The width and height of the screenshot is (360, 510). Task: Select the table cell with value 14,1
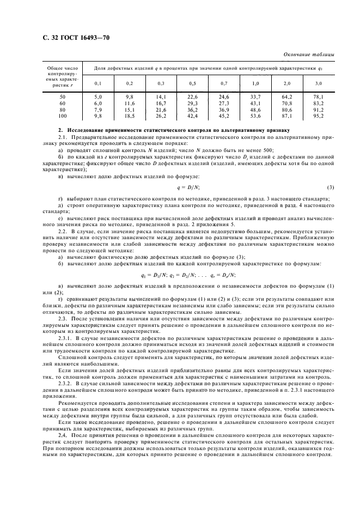pyautogui.click(x=161, y=96)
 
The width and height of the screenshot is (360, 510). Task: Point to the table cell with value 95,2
pyautogui.click(x=319, y=116)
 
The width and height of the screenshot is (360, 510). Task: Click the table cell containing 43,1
pyautogui.click(x=255, y=103)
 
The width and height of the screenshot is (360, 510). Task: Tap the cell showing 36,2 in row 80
pyautogui.click(x=192, y=110)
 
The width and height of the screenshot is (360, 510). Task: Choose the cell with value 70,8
pyautogui.click(x=287, y=103)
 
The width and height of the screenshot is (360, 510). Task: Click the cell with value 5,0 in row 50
pyautogui.click(x=98, y=96)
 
